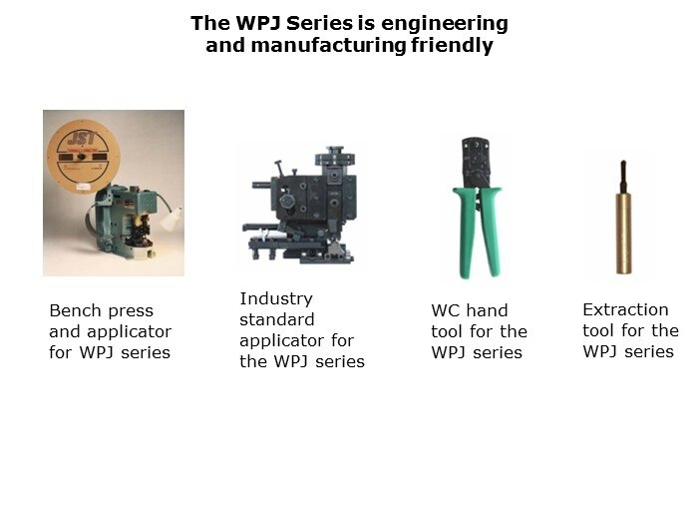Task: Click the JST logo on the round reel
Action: pos(83,138)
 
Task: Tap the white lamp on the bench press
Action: pos(173,219)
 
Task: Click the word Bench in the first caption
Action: pos(72,310)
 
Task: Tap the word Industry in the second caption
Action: pos(276,298)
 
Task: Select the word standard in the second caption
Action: pos(277,319)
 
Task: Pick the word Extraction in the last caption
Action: pos(625,309)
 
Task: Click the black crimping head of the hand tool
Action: pos(476,163)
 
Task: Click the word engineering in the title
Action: pos(445,24)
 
